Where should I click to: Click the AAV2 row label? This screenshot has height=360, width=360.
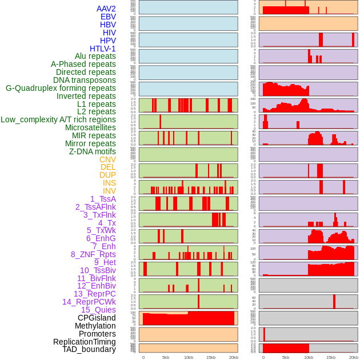click(x=106, y=9)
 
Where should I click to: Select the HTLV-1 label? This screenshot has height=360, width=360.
click(x=103, y=49)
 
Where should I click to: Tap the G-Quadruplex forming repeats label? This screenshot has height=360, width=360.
click(x=61, y=88)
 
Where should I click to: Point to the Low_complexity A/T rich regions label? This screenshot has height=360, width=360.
click(x=58, y=119)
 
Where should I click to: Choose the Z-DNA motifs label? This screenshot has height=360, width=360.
click(x=93, y=151)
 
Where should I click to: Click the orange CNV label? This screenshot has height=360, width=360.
click(x=107, y=159)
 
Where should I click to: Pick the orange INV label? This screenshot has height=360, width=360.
click(x=109, y=191)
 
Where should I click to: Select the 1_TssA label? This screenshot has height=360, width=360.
click(x=103, y=199)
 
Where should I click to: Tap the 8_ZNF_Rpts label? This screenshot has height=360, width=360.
click(x=93, y=254)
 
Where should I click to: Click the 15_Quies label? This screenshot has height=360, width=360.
click(x=98, y=310)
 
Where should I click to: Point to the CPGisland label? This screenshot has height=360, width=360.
click(x=97, y=318)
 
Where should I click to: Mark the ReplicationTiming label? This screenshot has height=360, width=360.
click(x=85, y=342)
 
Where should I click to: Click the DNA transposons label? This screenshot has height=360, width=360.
click(x=85, y=80)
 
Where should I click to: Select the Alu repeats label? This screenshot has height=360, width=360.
click(x=95, y=56)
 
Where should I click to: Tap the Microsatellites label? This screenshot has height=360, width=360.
click(x=90, y=127)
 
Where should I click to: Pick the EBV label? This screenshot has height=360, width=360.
click(x=108, y=17)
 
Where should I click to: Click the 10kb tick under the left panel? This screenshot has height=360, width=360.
click(x=189, y=357)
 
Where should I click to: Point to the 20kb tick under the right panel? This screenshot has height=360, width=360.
click(x=354, y=357)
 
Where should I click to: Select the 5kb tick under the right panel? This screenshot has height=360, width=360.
click(x=286, y=357)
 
